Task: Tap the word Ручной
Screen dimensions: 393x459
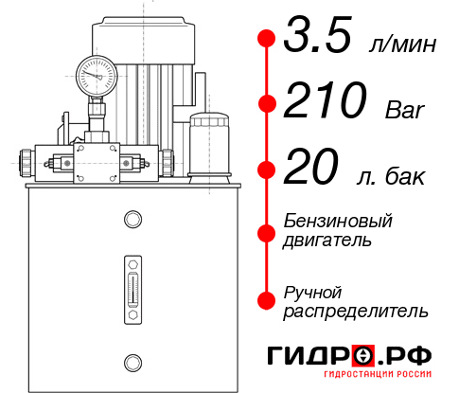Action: (x=313, y=292)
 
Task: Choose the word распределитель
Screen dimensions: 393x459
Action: (x=356, y=311)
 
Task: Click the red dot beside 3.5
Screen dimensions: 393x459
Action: (x=267, y=39)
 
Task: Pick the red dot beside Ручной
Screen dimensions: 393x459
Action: (x=267, y=300)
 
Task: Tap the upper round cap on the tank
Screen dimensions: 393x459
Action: (x=132, y=221)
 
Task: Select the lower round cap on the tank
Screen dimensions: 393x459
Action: (x=132, y=361)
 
